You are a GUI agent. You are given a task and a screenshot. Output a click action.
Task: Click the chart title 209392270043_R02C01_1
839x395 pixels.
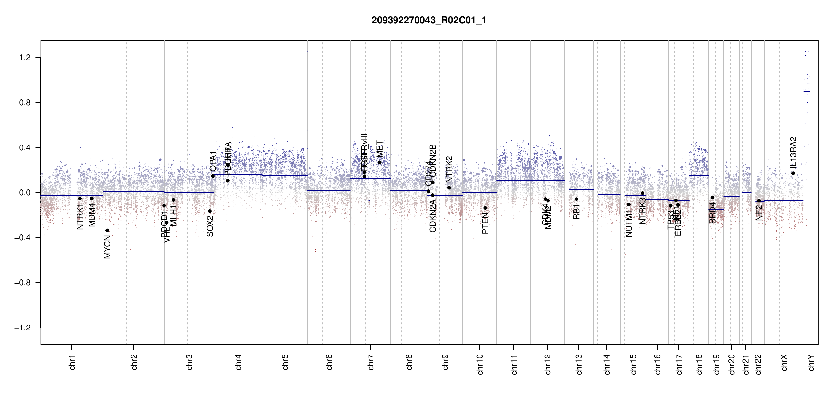tap(429, 20)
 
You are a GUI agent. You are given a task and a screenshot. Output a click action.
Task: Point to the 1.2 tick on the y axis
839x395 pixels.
tap(25, 58)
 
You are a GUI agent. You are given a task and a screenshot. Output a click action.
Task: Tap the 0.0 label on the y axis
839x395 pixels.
tap(25, 193)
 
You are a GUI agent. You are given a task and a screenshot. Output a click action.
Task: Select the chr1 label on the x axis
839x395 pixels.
tap(72, 362)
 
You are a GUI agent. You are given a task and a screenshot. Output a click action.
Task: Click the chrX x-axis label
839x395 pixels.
tap(784, 363)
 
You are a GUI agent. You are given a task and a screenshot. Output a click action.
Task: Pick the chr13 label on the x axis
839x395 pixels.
tap(579, 364)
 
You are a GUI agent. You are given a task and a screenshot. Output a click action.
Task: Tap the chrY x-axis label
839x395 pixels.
tap(811, 363)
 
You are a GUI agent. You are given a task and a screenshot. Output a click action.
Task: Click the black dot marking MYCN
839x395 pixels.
tap(107, 230)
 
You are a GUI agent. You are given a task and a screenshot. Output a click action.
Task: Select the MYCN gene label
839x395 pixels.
tap(107, 247)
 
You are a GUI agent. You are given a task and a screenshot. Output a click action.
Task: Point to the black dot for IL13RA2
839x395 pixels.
tap(793, 173)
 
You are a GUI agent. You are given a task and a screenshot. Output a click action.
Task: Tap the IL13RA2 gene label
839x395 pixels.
tap(793, 152)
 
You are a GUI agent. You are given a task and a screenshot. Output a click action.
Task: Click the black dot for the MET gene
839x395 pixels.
tap(379, 162)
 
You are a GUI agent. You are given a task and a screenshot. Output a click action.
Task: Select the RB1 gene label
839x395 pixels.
tap(576, 212)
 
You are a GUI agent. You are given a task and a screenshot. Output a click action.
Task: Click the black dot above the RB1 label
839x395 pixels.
tap(576, 199)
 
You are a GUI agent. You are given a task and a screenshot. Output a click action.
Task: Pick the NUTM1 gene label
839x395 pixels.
tap(629, 225)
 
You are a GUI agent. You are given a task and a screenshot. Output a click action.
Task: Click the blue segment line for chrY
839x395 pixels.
tap(807, 92)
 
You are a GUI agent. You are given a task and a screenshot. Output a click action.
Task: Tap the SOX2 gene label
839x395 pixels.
tap(210, 226)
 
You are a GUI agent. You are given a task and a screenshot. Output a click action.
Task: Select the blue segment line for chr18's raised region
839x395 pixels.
tap(699, 176)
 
